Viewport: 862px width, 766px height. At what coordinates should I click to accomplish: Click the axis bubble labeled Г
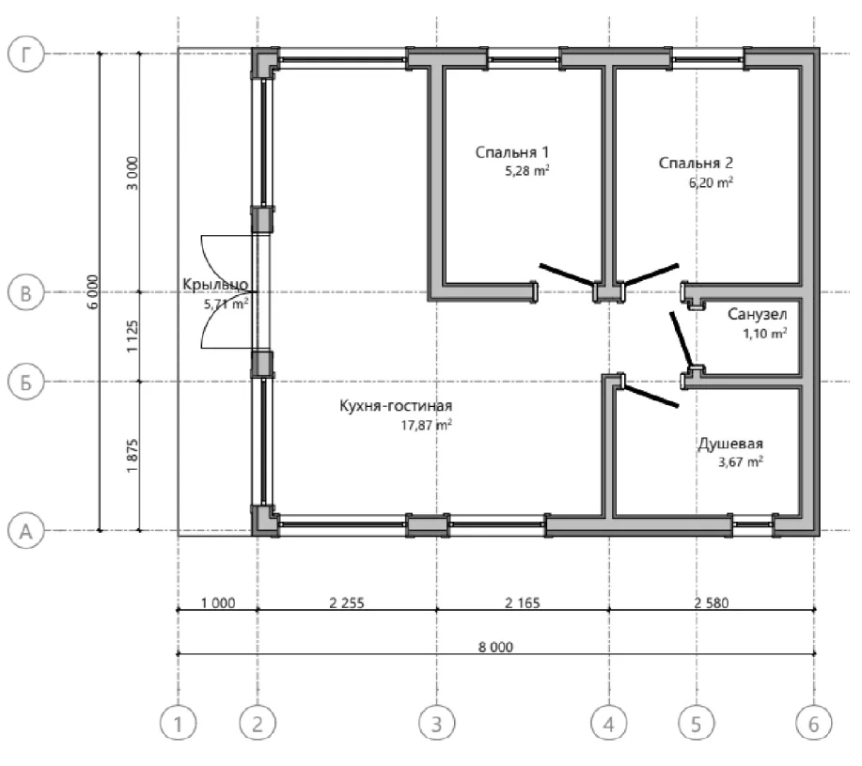click(25, 54)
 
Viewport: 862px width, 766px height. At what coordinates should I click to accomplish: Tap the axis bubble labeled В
click(25, 293)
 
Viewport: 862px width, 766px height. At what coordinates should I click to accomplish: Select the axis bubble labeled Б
click(25, 382)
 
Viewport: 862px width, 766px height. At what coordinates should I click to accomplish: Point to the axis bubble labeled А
click(25, 531)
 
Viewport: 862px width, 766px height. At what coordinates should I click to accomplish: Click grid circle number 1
click(178, 723)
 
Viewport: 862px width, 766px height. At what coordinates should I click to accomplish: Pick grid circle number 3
click(437, 723)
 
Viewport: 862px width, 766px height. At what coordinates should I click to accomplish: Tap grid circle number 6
click(814, 723)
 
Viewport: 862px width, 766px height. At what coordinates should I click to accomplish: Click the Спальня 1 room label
click(511, 152)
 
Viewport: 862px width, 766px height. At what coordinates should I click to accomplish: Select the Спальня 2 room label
click(696, 164)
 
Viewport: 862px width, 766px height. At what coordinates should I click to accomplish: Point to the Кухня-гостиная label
click(396, 406)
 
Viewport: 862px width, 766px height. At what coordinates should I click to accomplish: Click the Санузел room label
click(757, 315)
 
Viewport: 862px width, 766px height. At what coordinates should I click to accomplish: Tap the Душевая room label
click(730, 444)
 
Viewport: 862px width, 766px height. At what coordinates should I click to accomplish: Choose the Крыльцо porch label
click(215, 285)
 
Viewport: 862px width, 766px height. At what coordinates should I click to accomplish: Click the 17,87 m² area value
click(427, 425)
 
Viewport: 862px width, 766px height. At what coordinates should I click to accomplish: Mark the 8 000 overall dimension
click(495, 647)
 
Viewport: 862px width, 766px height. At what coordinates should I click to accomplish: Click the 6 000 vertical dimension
click(93, 291)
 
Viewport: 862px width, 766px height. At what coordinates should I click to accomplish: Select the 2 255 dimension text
click(346, 602)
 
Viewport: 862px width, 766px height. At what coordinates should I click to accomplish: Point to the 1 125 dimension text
click(132, 336)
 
